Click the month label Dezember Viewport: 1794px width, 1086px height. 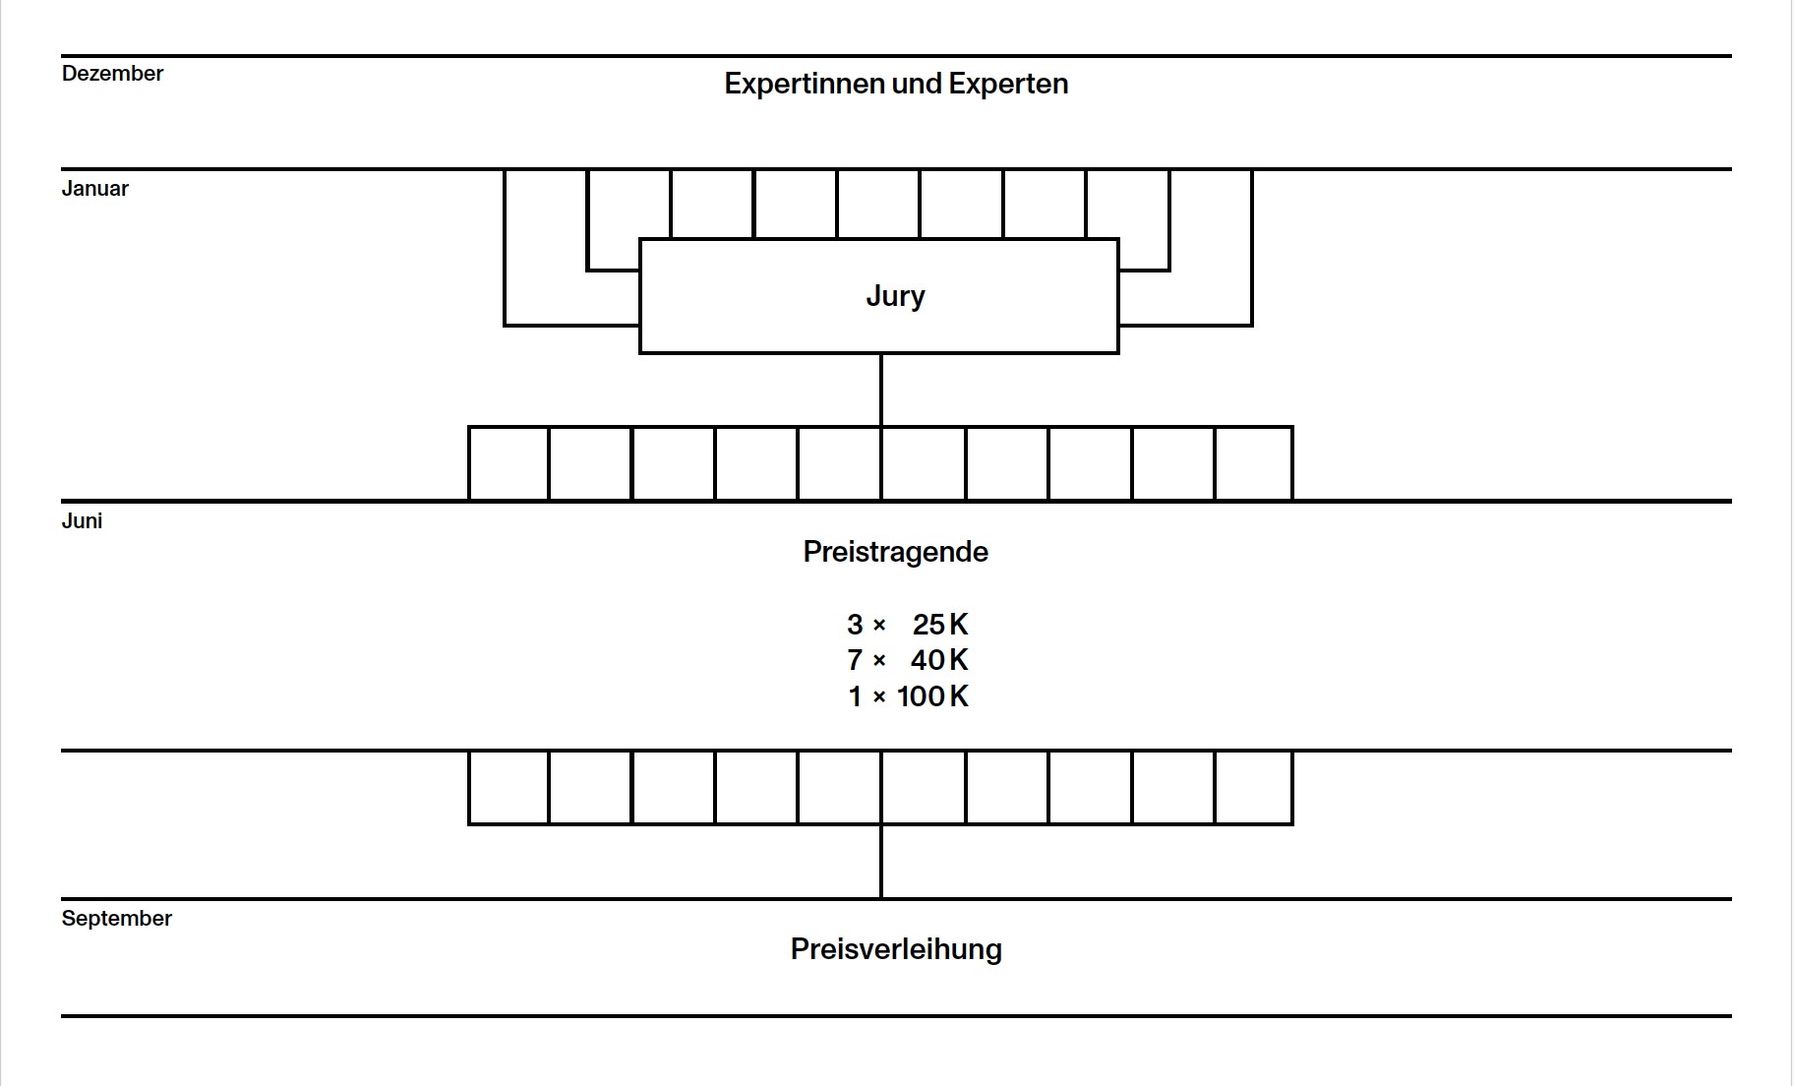[x=112, y=74]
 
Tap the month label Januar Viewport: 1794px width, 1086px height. [x=94, y=189]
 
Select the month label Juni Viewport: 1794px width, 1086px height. [x=82, y=521]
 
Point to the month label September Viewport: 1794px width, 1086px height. [x=116, y=919]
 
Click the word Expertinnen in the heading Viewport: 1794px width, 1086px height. [x=805, y=84]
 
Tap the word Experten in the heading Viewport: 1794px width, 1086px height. [x=1008, y=84]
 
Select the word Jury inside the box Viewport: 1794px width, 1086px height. [x=895, y=296]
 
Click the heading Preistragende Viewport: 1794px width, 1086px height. [x=895, y=552]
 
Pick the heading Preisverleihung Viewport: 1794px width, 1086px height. [x=896, y=949]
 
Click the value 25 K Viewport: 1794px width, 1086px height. [x=940, y=625]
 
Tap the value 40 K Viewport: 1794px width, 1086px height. [x=939, y=660]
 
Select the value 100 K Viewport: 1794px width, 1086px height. [x=932, y=696]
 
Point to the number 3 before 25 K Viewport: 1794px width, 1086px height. [x=855, y=625]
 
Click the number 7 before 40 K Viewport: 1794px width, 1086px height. [x=855, y=660]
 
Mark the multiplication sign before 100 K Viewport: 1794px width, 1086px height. [x=879, y=697]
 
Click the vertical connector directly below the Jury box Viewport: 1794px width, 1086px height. [x=881, y=390]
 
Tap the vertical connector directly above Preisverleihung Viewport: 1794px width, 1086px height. [x=881, y=862]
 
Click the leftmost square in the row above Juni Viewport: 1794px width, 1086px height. [x=508, y=463]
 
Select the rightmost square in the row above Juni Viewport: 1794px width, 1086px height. [x=1254, y=463]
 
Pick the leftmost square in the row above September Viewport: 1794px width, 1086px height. [x=508, y=788]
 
